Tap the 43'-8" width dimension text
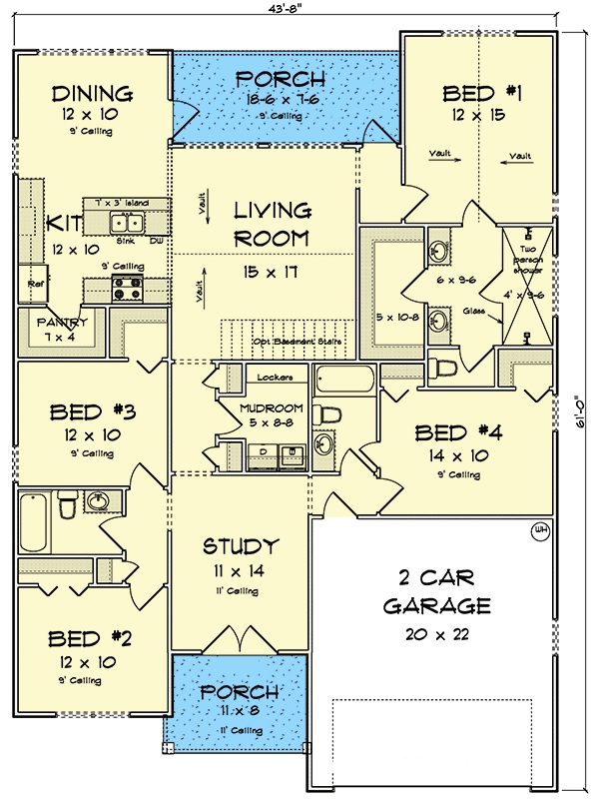coord(292,9)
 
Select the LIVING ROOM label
coord(272,225)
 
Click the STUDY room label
coord(240,546)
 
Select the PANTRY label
coord(63,323)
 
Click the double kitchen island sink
coord(127,223)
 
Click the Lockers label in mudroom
coord(274,378)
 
